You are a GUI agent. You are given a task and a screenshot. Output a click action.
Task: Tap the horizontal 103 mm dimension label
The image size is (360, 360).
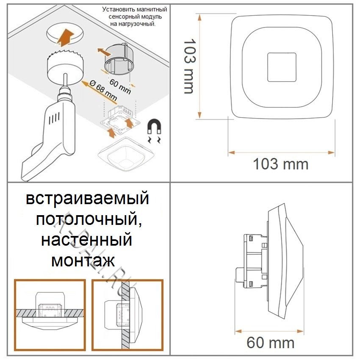pos(280,163)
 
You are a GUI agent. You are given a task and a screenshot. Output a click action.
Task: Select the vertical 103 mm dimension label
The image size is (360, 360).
pos(187,66)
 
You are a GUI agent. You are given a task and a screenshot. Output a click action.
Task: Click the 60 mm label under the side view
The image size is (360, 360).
pos(270,342)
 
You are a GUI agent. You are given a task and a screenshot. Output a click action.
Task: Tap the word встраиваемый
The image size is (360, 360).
pos(87,199)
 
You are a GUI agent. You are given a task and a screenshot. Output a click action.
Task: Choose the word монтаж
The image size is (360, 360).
pos(83,260)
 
